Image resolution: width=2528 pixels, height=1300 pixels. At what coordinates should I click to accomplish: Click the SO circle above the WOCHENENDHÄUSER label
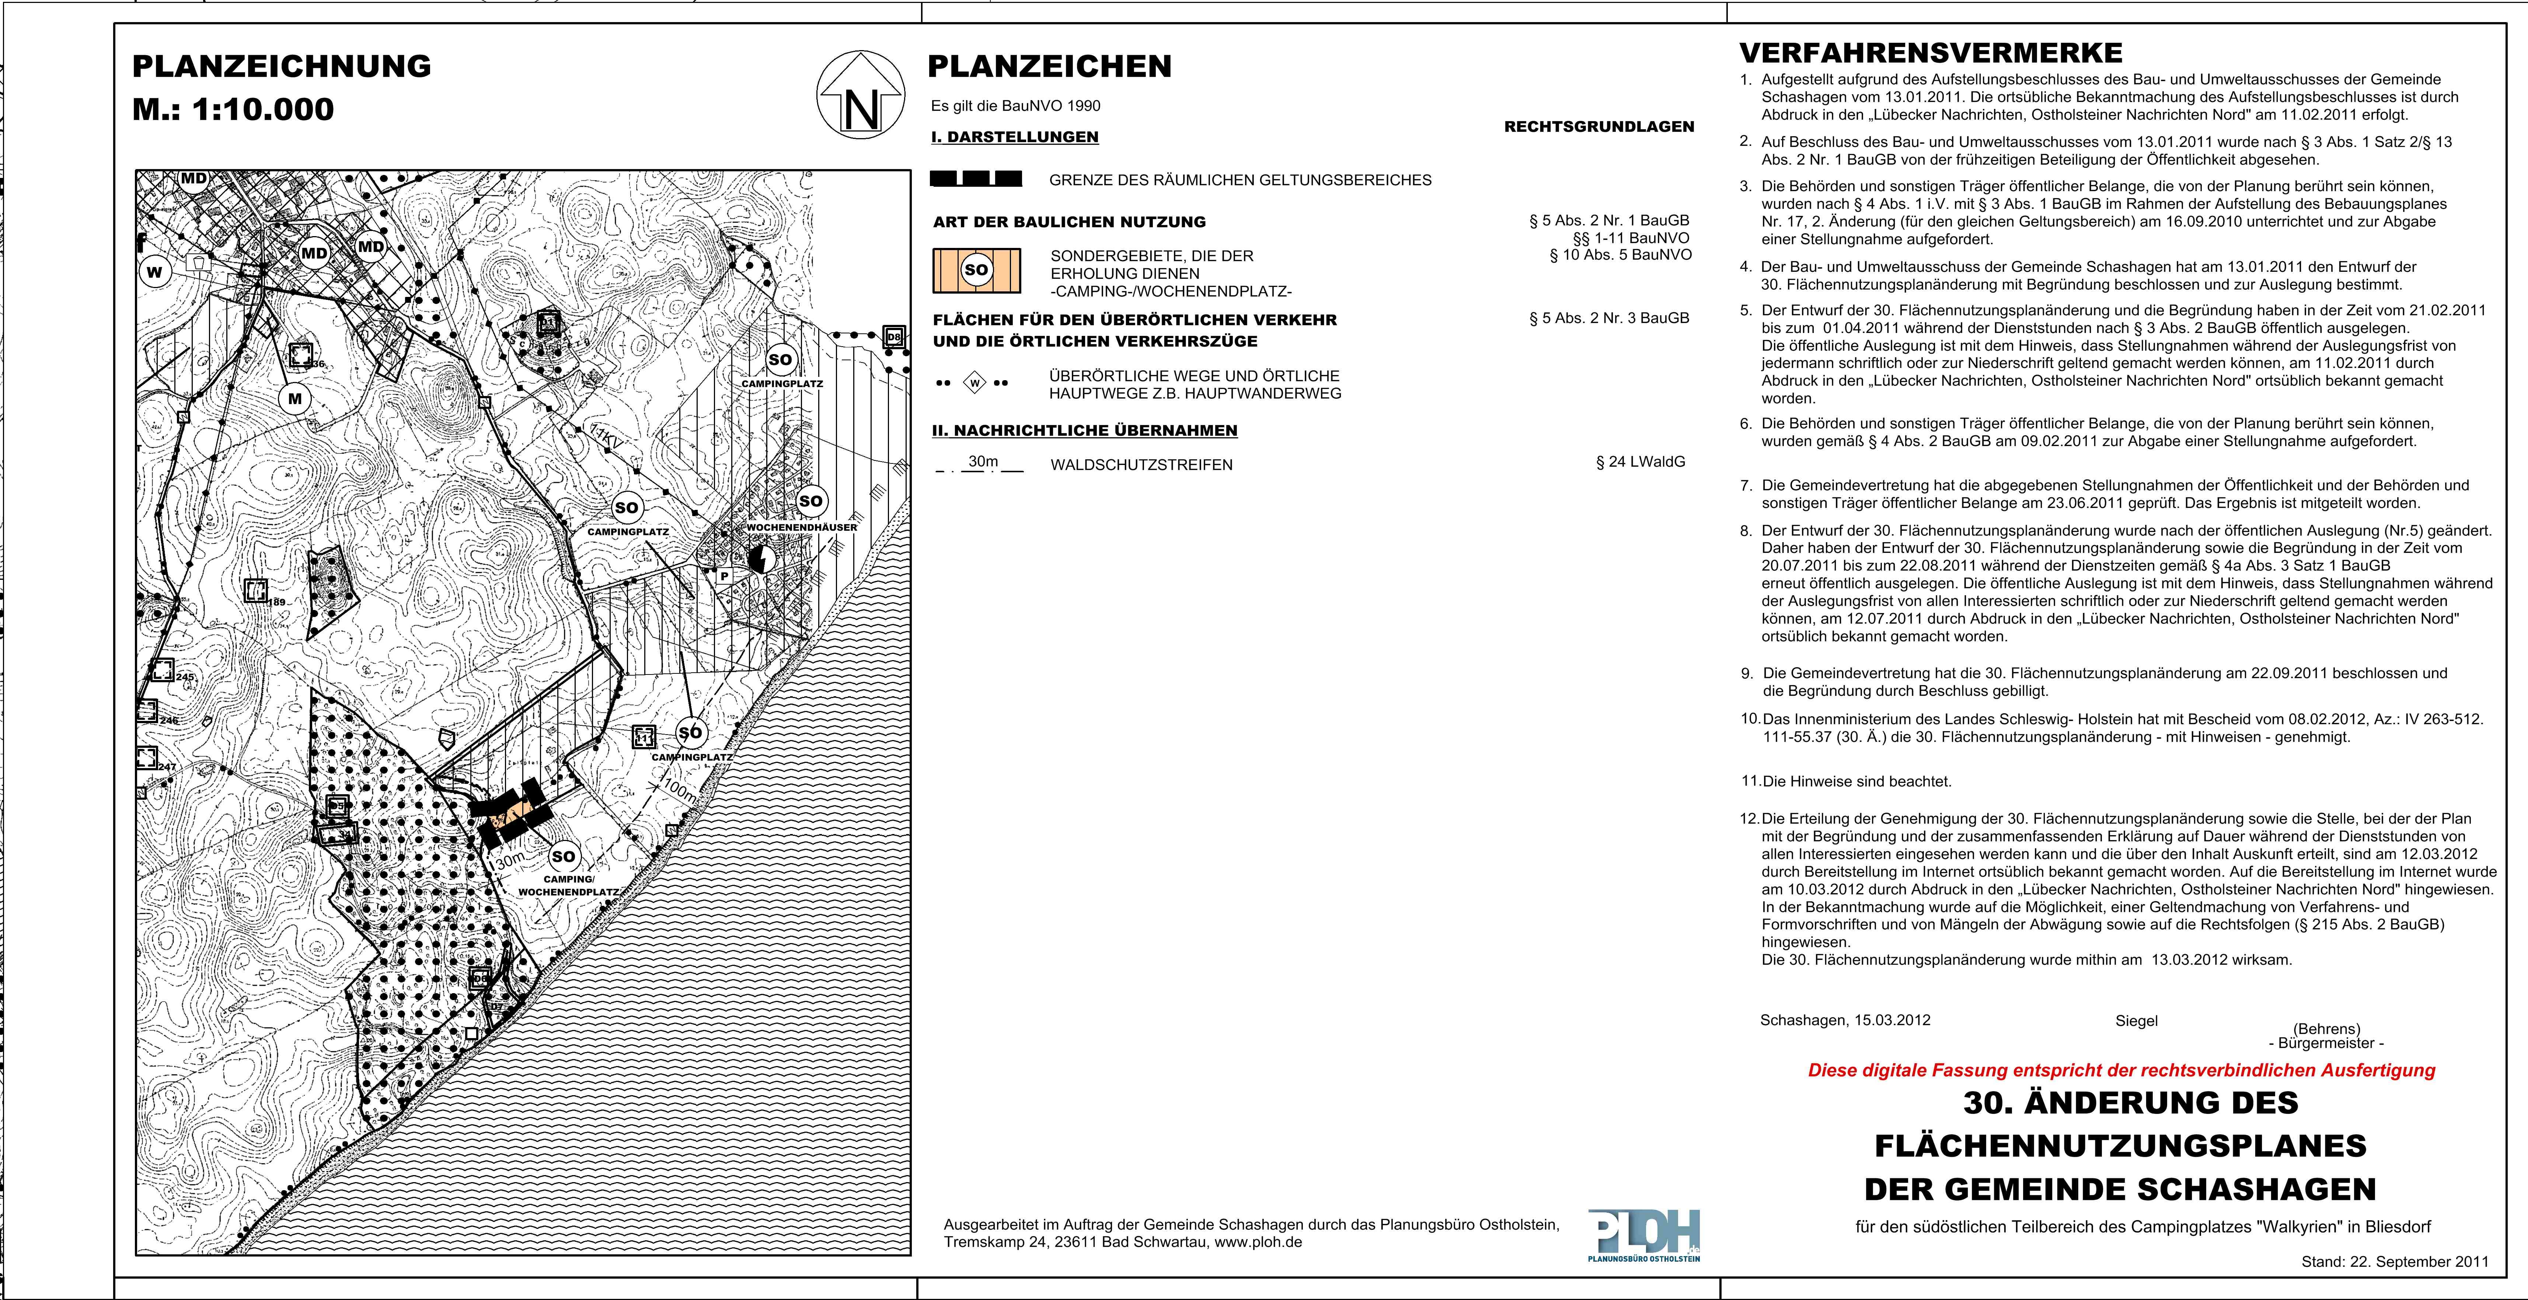(x=810, y=501)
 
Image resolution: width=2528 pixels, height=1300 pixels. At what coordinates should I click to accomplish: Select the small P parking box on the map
(x=724, y=576)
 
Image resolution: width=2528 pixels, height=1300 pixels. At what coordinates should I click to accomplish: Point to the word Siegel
(x=2137, y=1020)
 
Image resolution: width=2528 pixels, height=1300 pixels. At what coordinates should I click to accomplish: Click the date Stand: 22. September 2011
(x=2395, y=1262)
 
